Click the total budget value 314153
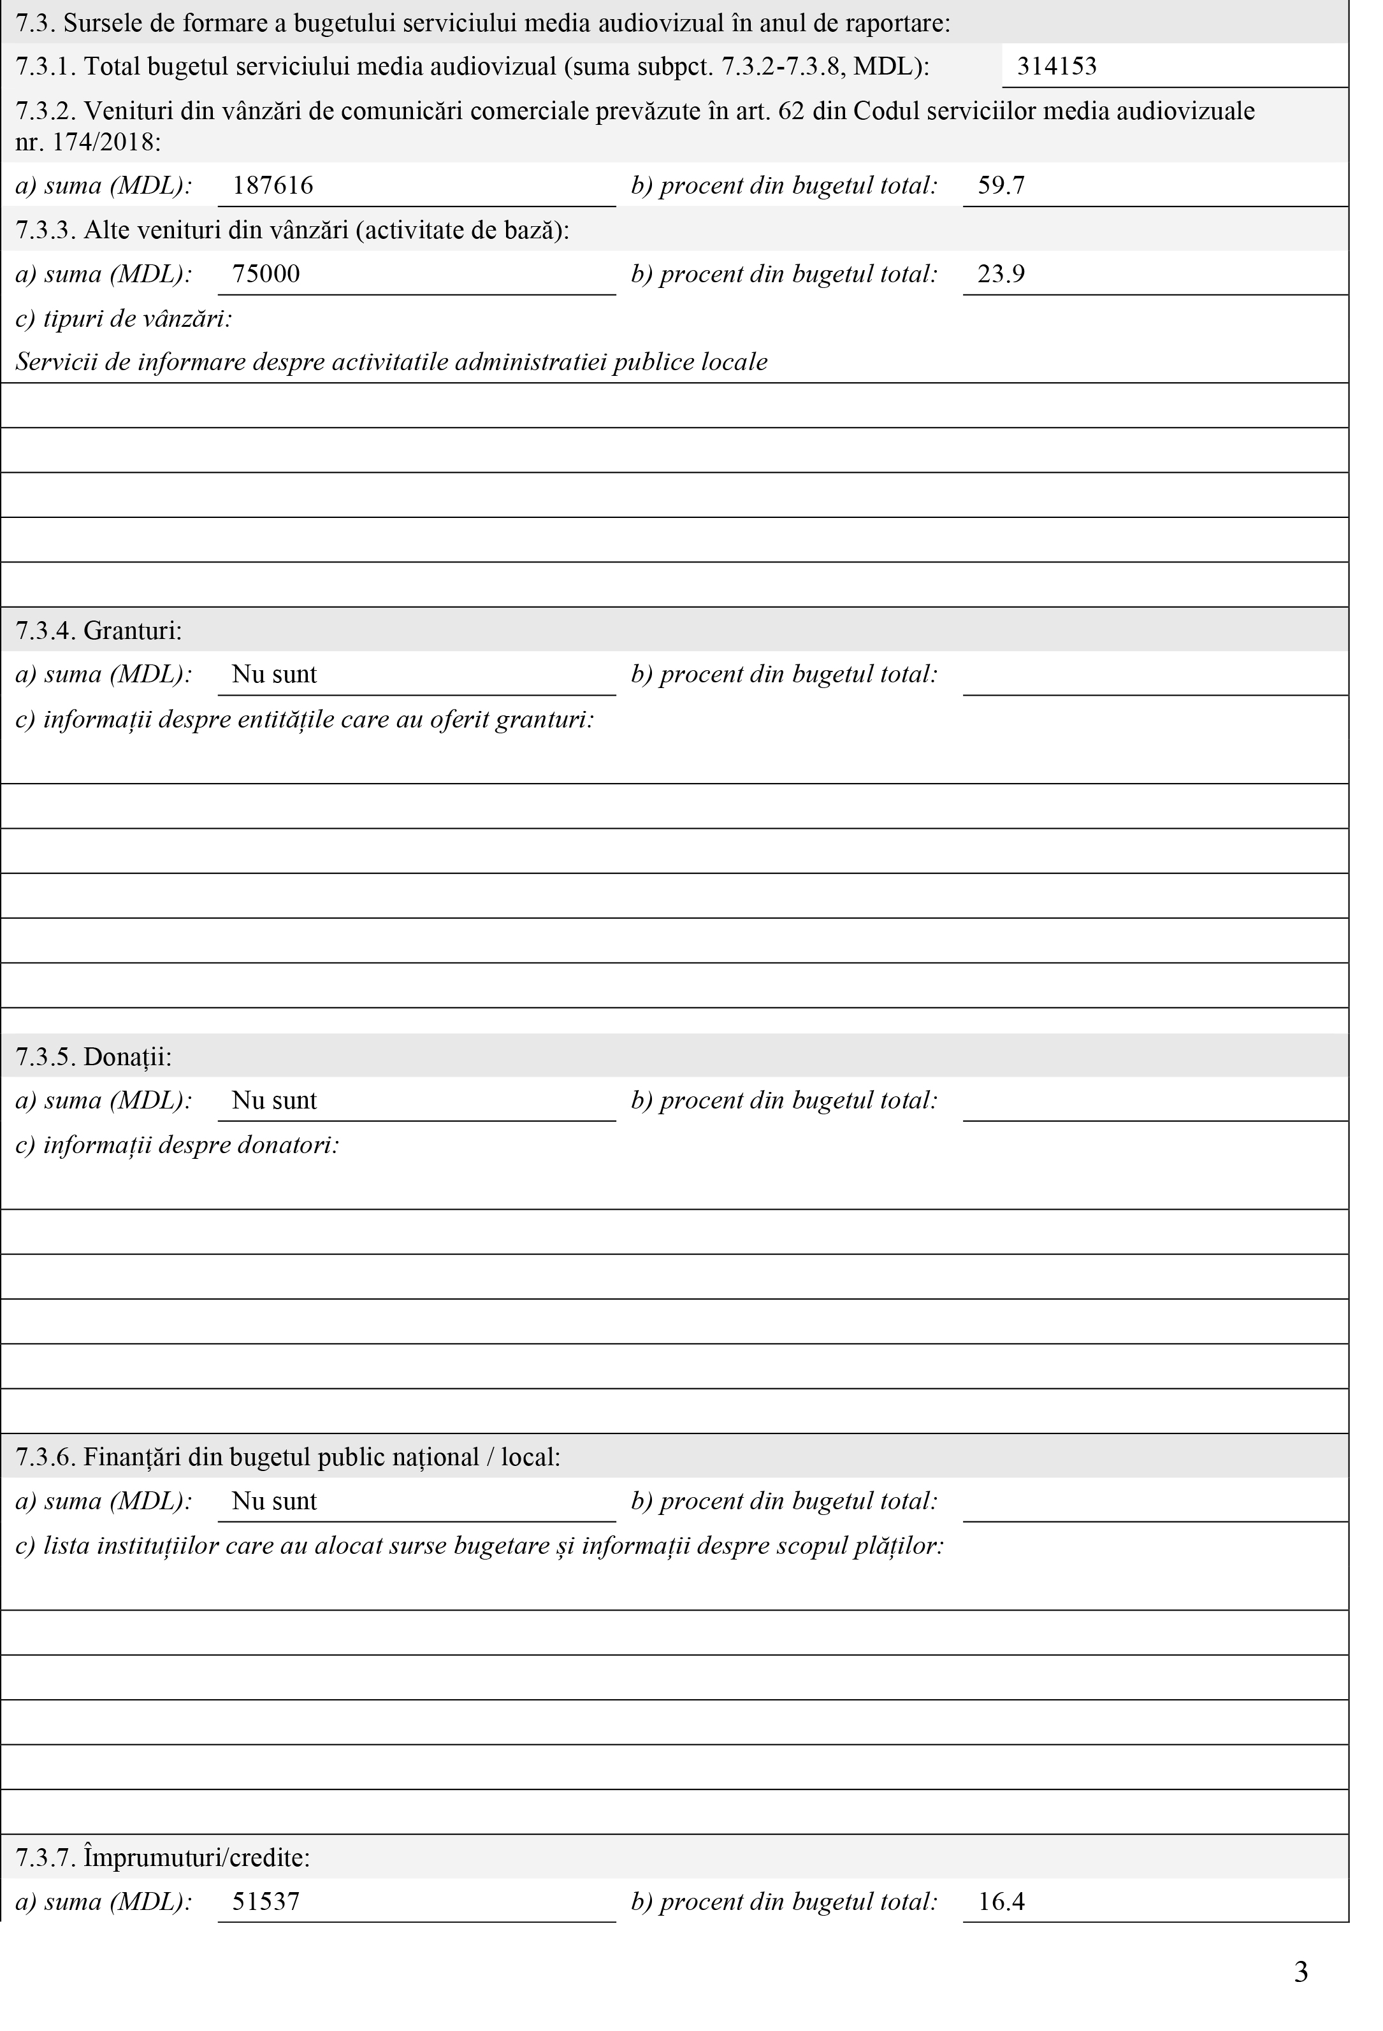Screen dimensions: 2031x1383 (1056, 66)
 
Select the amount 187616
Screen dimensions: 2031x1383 (272, 185)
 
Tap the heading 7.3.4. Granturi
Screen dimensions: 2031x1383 (99, 630)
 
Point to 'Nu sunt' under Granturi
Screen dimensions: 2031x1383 (273, 674)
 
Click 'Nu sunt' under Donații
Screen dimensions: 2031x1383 (273, 1100)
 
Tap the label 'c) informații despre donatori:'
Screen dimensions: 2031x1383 (177, 1144)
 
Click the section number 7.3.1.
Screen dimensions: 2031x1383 (45, 66)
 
